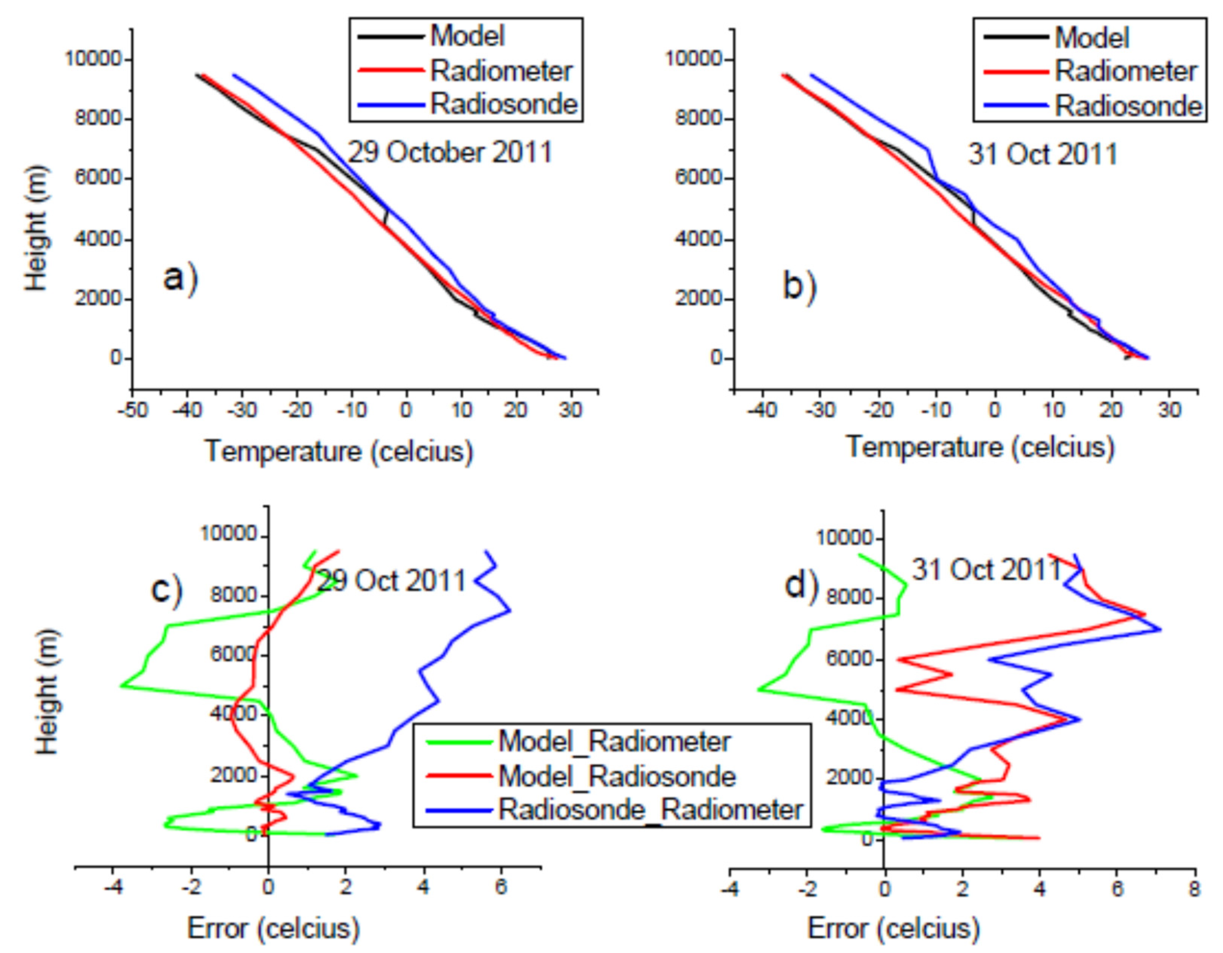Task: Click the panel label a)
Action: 180,278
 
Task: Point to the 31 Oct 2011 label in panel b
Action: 1043,154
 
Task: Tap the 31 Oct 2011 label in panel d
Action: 987,570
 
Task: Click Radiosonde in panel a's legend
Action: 504,104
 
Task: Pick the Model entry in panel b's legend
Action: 1092,38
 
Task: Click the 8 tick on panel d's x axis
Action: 1195,889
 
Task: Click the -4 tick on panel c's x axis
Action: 113,887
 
